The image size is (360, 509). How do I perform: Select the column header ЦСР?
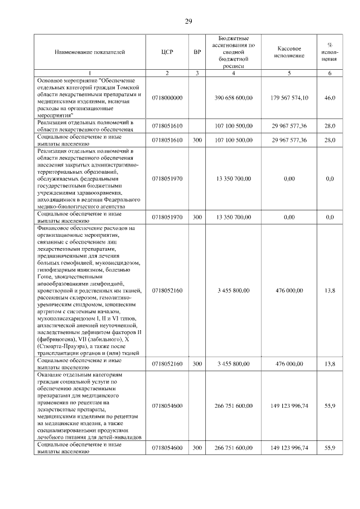(167, 52)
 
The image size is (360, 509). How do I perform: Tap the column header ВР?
(197, 52)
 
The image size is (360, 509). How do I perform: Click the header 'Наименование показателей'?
(89, 52)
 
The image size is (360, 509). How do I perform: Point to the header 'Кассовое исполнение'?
(289, 52)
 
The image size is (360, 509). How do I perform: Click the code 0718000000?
(167, 98)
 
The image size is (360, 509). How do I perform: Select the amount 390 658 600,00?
(235, 98)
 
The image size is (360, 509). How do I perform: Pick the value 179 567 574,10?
(289, 98)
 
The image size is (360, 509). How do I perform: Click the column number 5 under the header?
(289, 74)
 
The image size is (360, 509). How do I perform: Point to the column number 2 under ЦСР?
(167, 74)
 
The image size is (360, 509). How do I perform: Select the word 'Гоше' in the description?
(46, 277)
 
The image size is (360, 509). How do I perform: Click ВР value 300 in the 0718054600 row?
(197, 448)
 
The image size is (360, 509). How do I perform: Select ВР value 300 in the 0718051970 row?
(197, 217)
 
